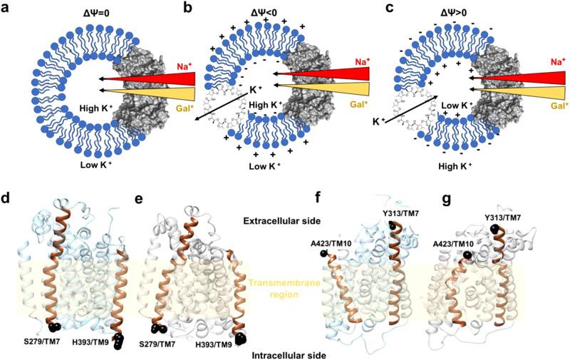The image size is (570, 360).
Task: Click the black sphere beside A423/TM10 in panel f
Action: (323, 253)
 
